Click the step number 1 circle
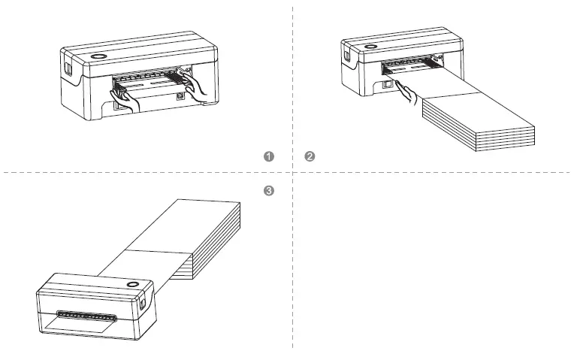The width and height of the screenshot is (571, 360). (269, 156)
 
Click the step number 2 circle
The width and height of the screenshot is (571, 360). (309, 156)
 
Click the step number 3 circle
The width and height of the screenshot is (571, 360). (269, 192)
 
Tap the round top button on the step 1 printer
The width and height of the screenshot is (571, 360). (99, 58)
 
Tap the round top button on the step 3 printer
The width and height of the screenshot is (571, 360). (133, 286)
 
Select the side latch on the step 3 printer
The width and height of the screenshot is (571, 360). (144, 302)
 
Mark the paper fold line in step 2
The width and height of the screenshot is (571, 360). (451, 95)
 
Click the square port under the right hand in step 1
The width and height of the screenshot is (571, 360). (180, 96)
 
